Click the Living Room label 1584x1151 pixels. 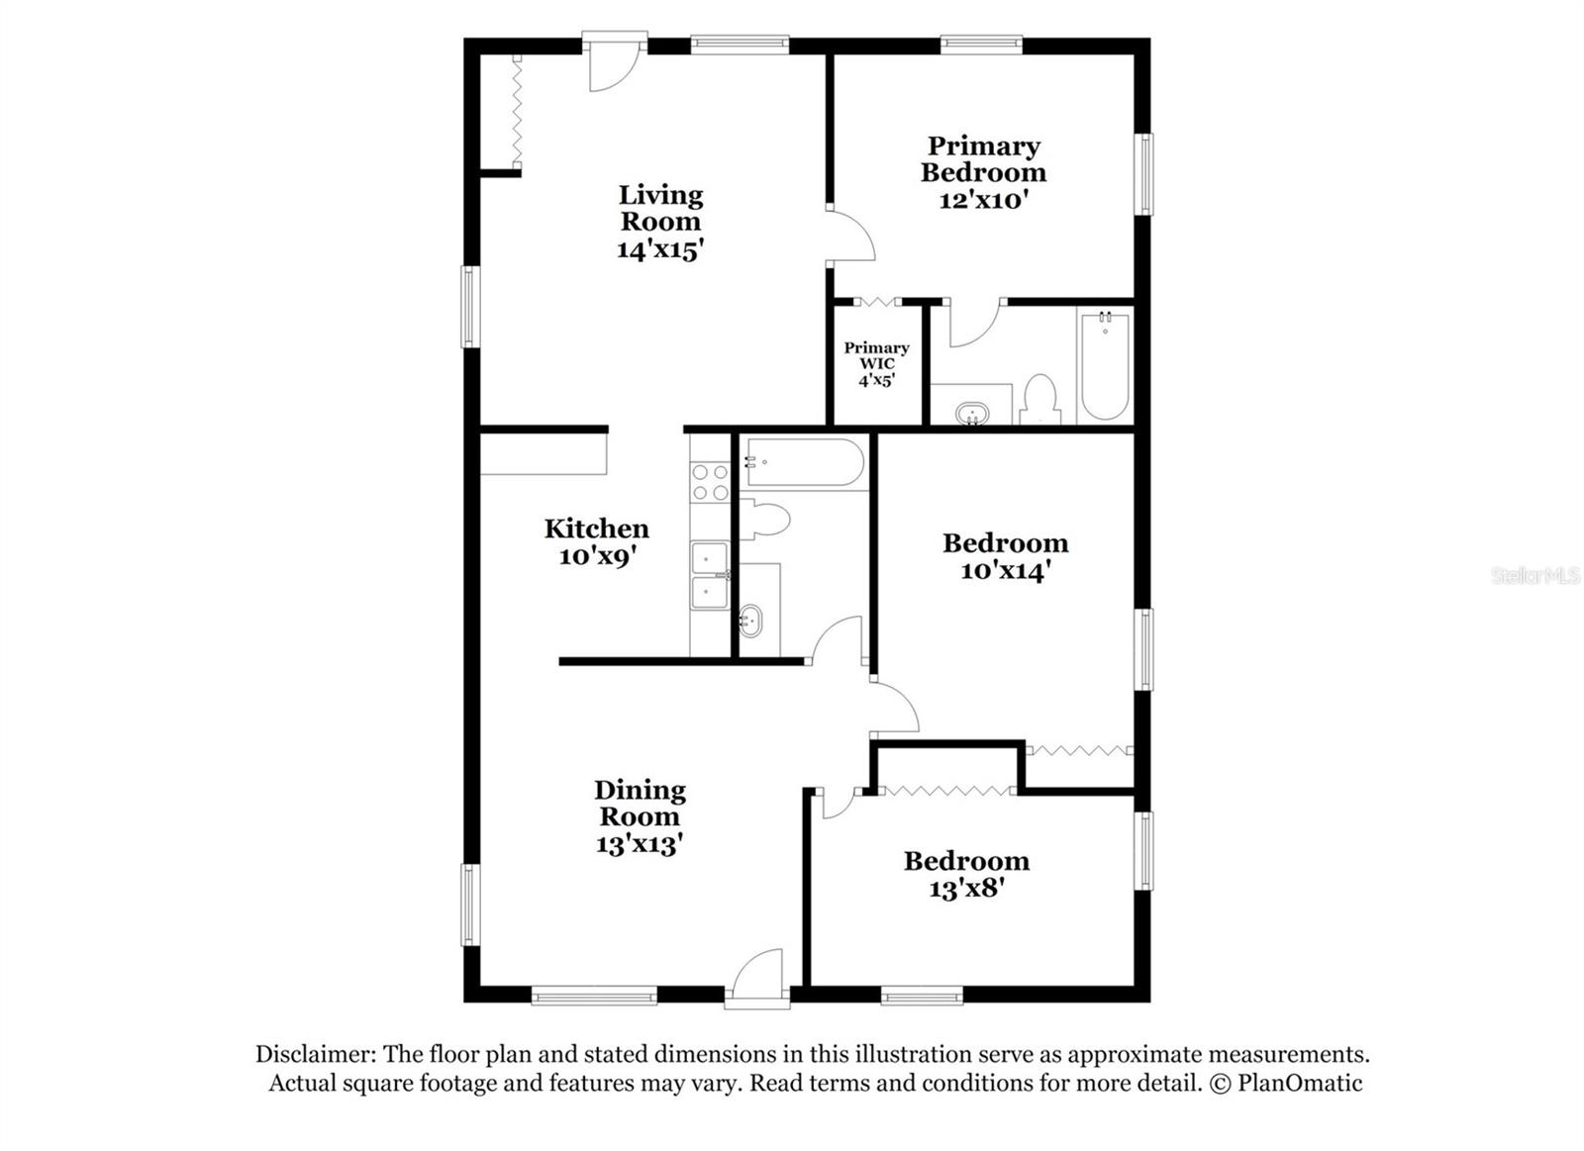pyautogui.click(x=660, y=208)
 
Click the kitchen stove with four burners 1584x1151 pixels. pyautogui.click(x=710, y=482)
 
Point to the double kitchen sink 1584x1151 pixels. pyautogui.click(x=710, y=575)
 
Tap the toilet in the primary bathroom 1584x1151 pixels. pyautogui.click(x=1039, y=400)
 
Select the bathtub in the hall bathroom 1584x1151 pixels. pyautogui.click(x=804, y=462)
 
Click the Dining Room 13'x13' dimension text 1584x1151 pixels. pyautogui.click(x=640, y=844)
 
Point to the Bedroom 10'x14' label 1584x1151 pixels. pyautogui.click(x=1005, y=556)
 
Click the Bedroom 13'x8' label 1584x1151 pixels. pyautogui.click(x=966, y=874)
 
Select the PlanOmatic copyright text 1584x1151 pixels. pyautogui.click(x=1285, y=1083)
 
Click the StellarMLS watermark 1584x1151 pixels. pyautogui.click(x=1534, y=576)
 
